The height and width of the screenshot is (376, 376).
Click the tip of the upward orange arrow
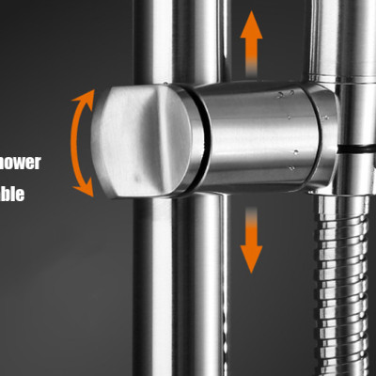(x=250, y=14)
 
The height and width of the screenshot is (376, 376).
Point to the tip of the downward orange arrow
(x=250, y=270)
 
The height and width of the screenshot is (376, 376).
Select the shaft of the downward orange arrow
(x=250, y=226)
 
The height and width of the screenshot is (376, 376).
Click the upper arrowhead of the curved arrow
(x=86, y=95)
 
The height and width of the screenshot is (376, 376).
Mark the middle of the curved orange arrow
(x=72, y=143)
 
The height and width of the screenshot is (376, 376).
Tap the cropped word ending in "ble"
(x=19, y=196)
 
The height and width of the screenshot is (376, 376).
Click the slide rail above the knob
(x=179, y=38)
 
